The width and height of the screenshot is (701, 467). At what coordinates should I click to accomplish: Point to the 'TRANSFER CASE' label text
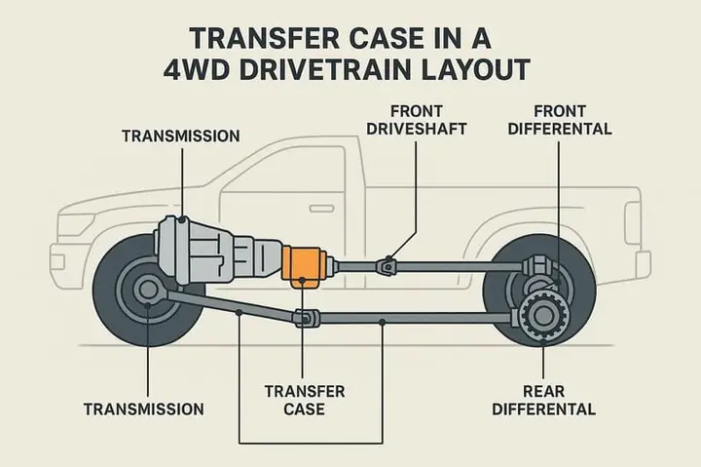click(x=307, y=400)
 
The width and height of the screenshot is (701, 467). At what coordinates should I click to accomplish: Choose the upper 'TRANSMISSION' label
click(x=180, y=135)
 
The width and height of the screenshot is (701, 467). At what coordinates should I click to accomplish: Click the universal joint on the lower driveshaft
click(x=305, y=317)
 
